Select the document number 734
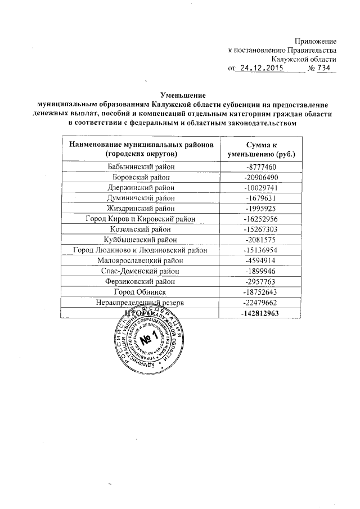point(323,68)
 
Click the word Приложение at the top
point(316,41)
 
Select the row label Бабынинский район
point(141,167)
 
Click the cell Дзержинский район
point(141,188)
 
